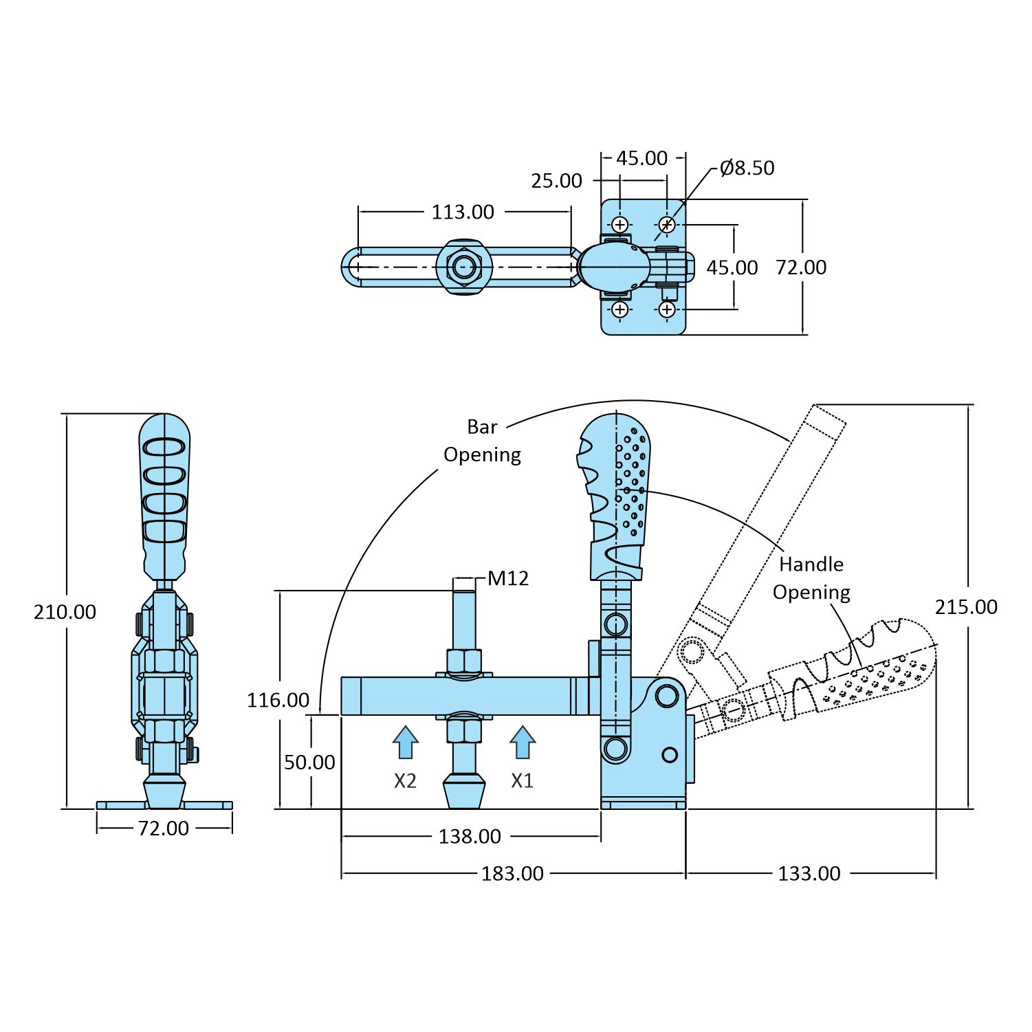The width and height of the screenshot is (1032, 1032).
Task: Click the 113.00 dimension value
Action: (463, 212)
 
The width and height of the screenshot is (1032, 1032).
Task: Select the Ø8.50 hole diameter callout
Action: (747, 168)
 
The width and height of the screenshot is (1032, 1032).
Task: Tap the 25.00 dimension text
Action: (556, 181)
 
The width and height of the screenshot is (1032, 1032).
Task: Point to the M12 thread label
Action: (508, 578)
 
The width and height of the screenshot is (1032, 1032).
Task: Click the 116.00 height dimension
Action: (278, 700)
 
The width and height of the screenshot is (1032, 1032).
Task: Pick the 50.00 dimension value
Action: (309, 762)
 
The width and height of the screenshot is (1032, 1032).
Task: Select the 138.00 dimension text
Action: (470, 836)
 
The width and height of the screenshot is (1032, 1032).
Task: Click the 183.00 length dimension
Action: (512, 873)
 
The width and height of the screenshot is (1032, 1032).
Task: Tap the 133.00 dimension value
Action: (809, 873)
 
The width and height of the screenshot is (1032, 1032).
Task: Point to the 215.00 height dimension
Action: (966, 606)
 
